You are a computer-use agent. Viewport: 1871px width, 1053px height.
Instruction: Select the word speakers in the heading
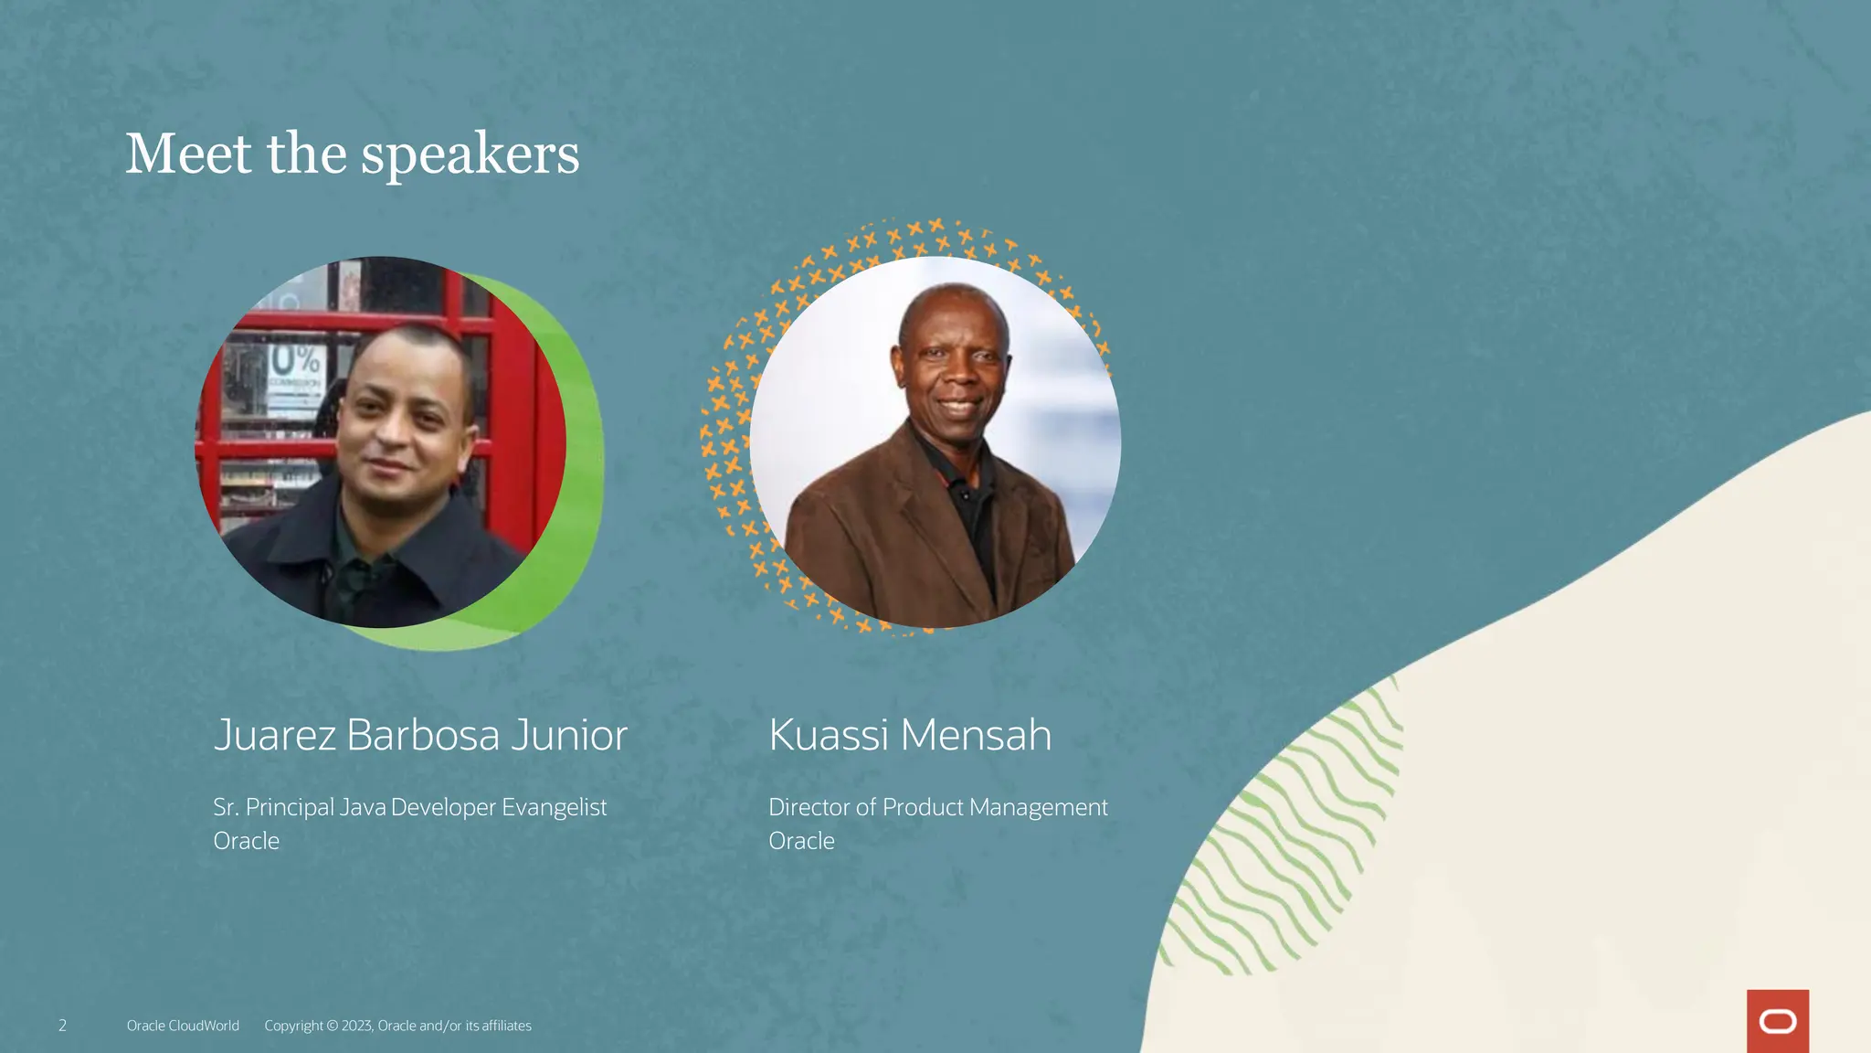point(470,154)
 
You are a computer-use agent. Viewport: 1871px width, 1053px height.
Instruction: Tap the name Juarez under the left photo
point(274,735)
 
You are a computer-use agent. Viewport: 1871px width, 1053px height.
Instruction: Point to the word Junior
point(568,735)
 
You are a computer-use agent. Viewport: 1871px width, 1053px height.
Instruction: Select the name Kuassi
point(828,735)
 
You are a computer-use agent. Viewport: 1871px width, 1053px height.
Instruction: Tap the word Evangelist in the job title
point(554,807)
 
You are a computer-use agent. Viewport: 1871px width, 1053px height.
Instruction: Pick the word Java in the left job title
point(363,807)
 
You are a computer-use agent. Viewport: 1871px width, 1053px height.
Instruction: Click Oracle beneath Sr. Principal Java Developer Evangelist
point(246,841)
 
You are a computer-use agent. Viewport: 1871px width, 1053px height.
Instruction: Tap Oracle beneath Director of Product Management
point(801,841)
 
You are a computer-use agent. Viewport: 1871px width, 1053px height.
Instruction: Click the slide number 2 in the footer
point(62,1026)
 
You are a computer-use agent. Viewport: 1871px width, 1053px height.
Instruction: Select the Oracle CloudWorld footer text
point(183,1026)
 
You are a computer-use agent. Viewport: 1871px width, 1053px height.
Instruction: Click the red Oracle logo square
point(1777,1021)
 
